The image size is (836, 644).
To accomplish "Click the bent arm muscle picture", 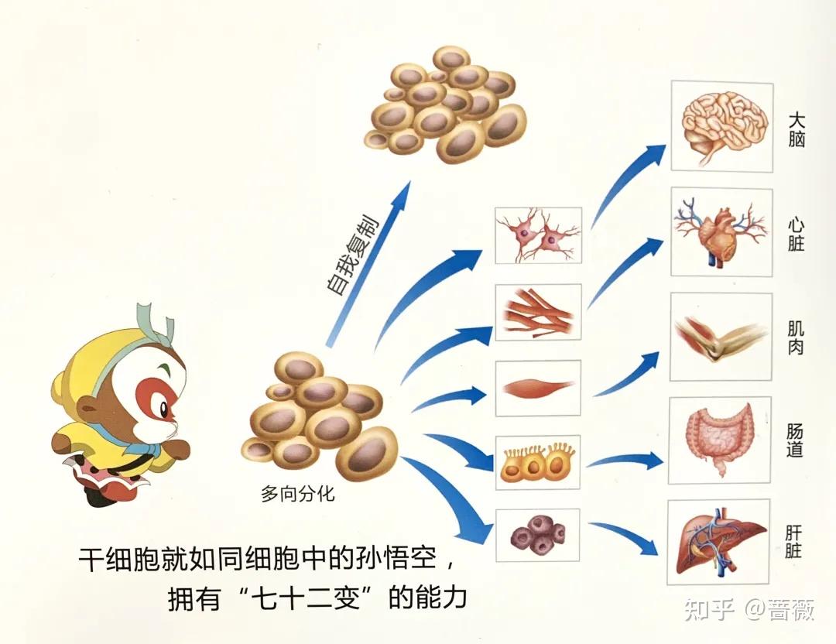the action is [719, 337].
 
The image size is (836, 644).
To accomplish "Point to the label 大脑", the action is [797, 130].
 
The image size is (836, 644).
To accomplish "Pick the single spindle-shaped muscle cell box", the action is [538, 385].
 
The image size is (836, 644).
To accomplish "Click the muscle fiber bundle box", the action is [538, 312].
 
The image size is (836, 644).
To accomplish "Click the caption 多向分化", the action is [298, 493].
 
